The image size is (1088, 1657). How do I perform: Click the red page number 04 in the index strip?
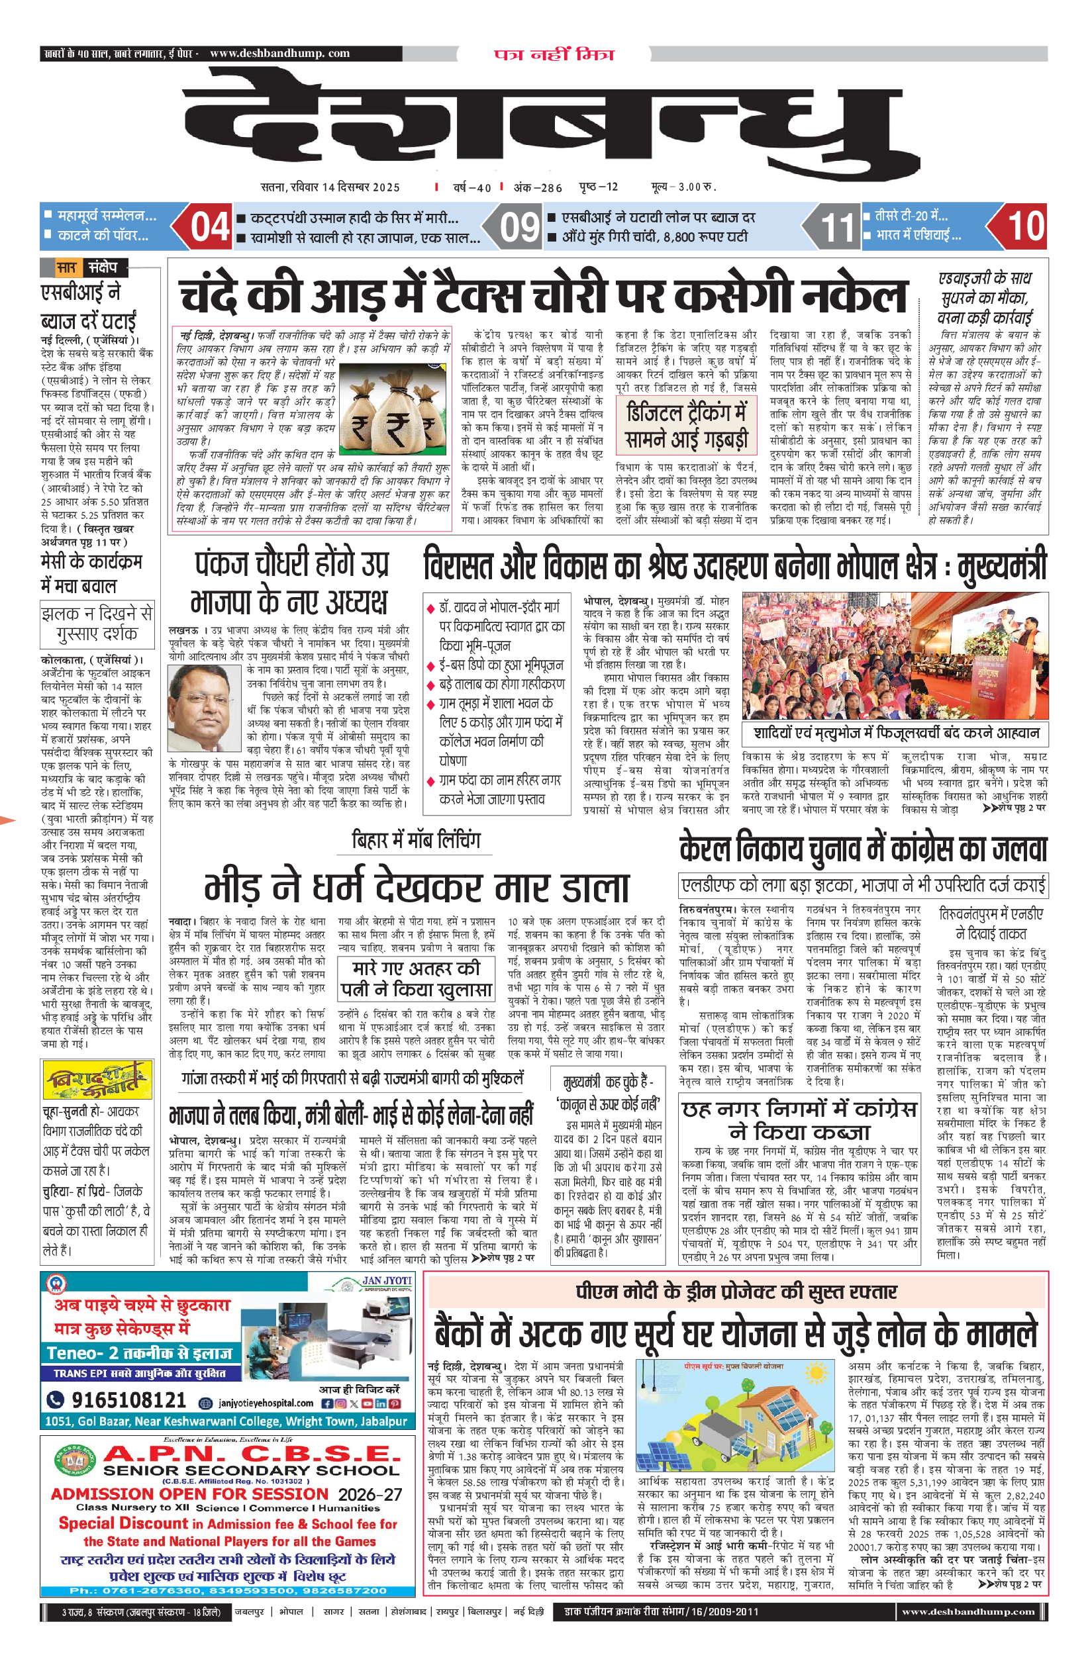coord(210,227)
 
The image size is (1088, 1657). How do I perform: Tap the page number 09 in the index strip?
coord(520,227)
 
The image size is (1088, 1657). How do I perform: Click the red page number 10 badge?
coord(1025,227)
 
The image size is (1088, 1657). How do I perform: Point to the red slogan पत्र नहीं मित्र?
coord(554,54)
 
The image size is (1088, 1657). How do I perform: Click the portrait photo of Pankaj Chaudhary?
coord(205,708)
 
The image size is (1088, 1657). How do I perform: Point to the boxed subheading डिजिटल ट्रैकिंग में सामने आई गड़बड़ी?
coord(686,426)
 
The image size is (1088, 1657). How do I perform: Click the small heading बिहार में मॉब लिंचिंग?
coord(416,840)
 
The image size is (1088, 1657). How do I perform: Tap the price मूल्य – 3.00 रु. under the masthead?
coord(683,187)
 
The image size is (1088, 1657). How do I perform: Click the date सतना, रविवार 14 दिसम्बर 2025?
coord(330,187)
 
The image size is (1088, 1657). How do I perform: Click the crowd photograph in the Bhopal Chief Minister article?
coord(895,655)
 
